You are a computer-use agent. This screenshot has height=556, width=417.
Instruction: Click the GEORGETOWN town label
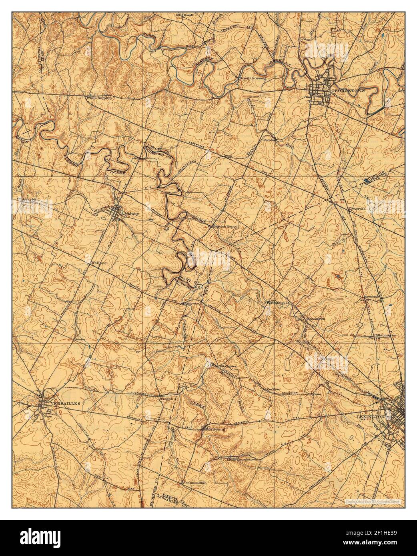pos(348,91)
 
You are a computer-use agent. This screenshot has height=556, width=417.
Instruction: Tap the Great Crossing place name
pos(253,78)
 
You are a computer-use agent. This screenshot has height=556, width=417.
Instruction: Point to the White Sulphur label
pos(98,97)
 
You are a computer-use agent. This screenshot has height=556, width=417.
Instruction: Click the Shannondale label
pos(194,483)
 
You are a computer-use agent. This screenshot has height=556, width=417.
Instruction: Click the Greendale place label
pos(373,297)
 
